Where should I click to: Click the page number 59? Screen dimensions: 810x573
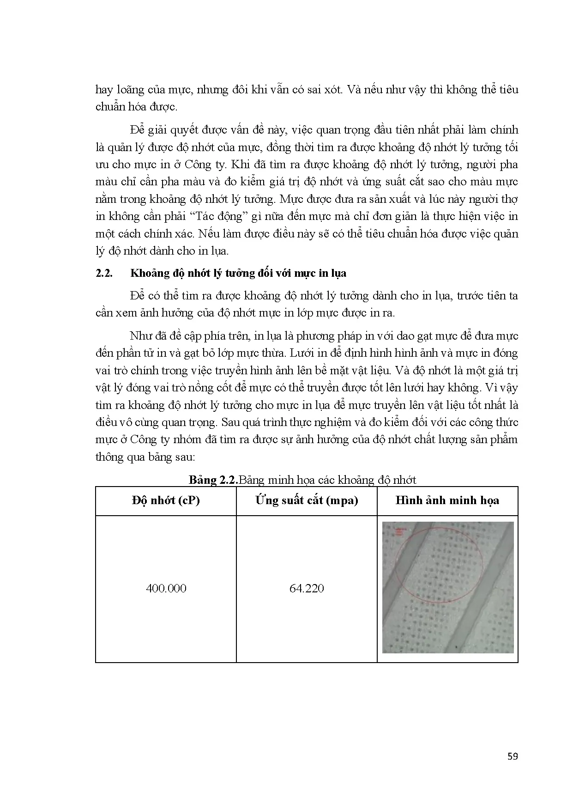(512, 756)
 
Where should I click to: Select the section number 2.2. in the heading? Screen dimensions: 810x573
(104, 273)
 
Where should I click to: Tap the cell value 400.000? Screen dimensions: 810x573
(166, 588)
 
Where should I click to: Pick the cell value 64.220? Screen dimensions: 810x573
(307, 588)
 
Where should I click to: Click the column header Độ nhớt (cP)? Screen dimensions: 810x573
(165, 500)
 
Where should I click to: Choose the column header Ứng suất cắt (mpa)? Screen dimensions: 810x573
(307, 500)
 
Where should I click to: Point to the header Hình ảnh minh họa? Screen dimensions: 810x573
(447, 500)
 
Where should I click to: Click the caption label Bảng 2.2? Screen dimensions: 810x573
(213, 480)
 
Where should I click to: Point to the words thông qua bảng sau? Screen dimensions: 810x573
(145, 457)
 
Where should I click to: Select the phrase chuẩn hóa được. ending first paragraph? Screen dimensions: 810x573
(136, 107)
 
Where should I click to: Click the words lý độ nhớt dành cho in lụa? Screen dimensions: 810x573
(162, 251)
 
